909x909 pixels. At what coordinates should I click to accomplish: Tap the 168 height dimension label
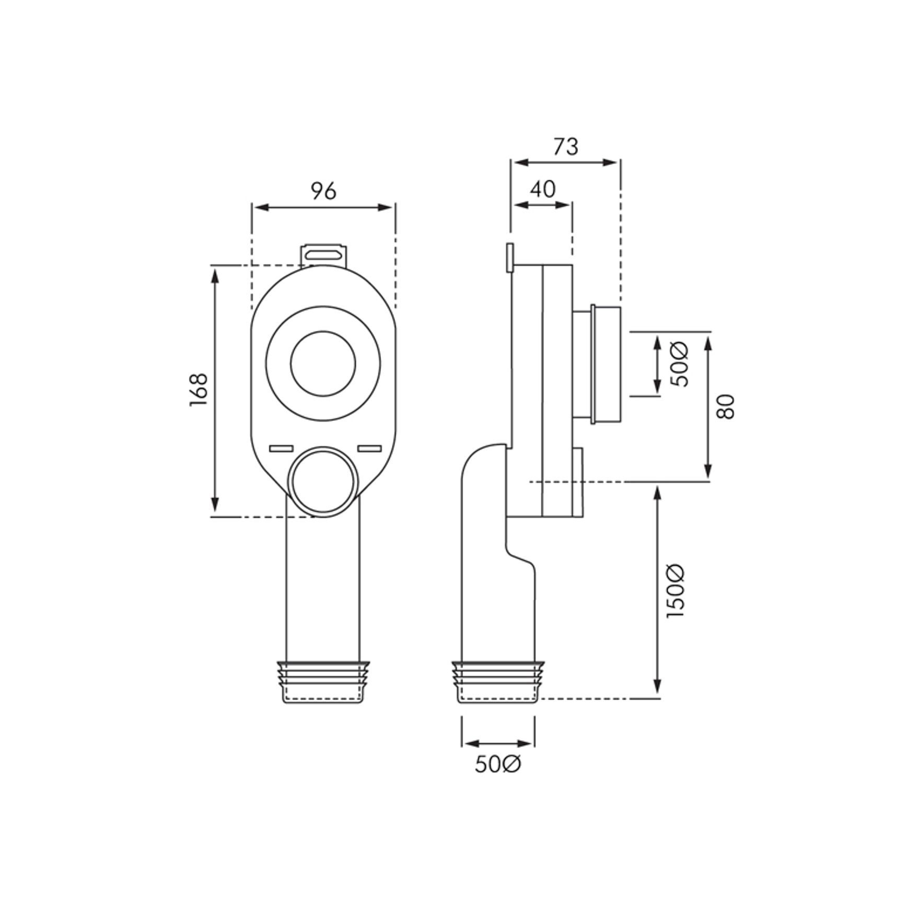tap(199, 390)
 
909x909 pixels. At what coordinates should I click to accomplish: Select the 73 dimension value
tap(566, 147)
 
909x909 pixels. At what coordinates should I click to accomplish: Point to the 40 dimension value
tap(542, 189)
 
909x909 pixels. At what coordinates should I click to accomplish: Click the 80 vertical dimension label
tap(726, 406)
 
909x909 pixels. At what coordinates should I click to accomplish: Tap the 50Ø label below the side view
tap(498, 764)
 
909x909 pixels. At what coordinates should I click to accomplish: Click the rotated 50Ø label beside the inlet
tap(680, 364)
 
